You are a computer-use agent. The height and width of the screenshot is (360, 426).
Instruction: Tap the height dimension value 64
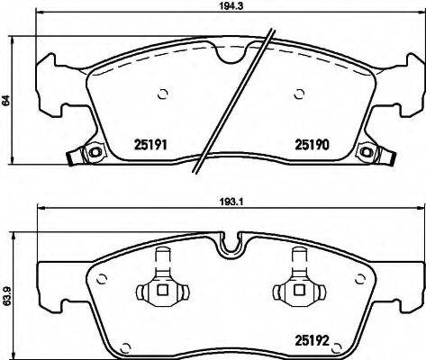click(7, 102)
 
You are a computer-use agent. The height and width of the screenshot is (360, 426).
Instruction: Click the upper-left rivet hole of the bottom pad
click(104, 276)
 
